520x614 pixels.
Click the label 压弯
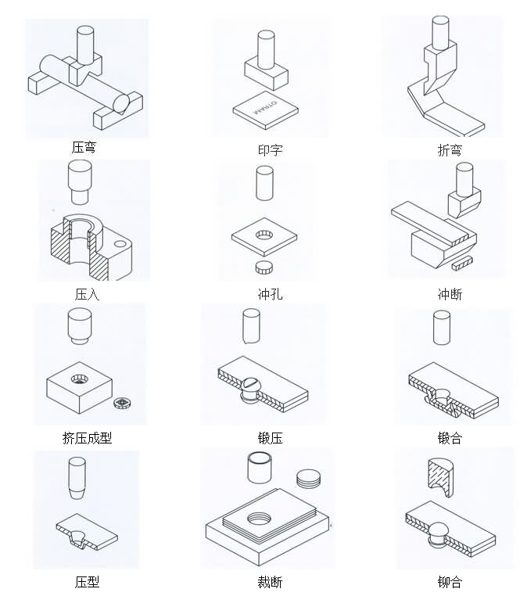pyautogui.click(x=84, y=147)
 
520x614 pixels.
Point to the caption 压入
pyautogui.click(x=87, y=295)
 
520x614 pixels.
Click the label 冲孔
pyautogui.click(x=270, y=295)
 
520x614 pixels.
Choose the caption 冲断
pyautogui.click(x=450, y=295)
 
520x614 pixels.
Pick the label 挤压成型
pyautogui.click(x=87, y=438)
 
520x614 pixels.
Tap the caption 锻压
pyautogui.click(x=270, y=438)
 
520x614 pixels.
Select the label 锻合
pyautogui.click(x=450, y=438)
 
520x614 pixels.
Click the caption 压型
pyautogui.click(x=87, y=582)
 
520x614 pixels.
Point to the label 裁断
pyautogui.click(x=270, y=582)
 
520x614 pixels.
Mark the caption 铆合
pyautogui.click(x=450, y=582)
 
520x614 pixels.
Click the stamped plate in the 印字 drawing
pyautogui.click(x=266, y=110)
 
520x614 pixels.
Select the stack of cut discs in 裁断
pyautogui.click(x=309, y=478)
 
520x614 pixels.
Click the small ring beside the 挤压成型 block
pyautogui.click(x=120, y=404)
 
